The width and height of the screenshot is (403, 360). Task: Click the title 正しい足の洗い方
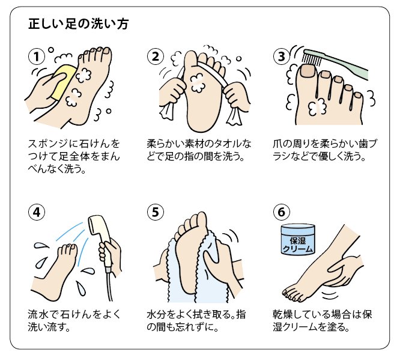coord(79,24)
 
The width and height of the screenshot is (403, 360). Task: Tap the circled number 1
coord(37,56)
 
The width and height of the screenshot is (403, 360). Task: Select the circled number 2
coord(156,56)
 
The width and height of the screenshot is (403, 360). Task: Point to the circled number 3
coord(282,56)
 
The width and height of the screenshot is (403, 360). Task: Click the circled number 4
coord(37,212)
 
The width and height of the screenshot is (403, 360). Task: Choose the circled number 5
coord(156,212)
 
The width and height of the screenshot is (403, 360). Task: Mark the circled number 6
coord(282,212)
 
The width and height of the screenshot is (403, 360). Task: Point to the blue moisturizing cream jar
coord(298,239)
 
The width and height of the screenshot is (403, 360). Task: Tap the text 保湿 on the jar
coord(298,240)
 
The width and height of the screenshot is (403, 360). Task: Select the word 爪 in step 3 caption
coord(278,144)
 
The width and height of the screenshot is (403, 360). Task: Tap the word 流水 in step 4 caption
coord(38,314)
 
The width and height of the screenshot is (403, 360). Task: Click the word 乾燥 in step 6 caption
coord(283,314)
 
